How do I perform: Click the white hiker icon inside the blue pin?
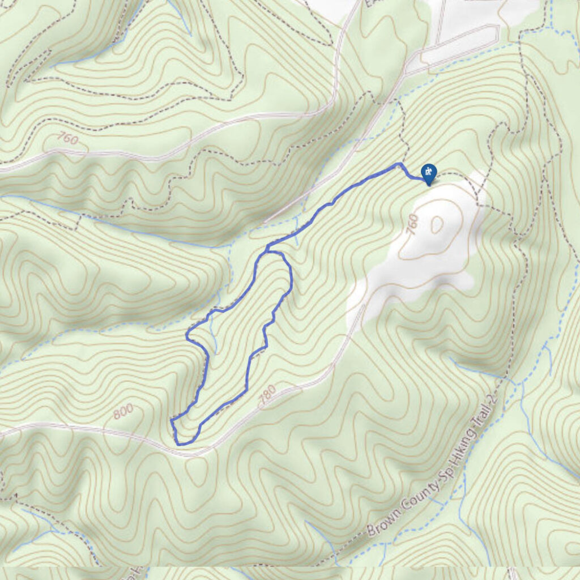pyautogui.click(x=429, y=172)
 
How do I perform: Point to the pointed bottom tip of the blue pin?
pyautogui.click(x=429, y=185)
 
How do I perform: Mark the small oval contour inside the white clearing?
pyautogui.click(x=437, y=225)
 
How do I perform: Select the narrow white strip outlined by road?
pyautogui.click(x=453, y=48)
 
